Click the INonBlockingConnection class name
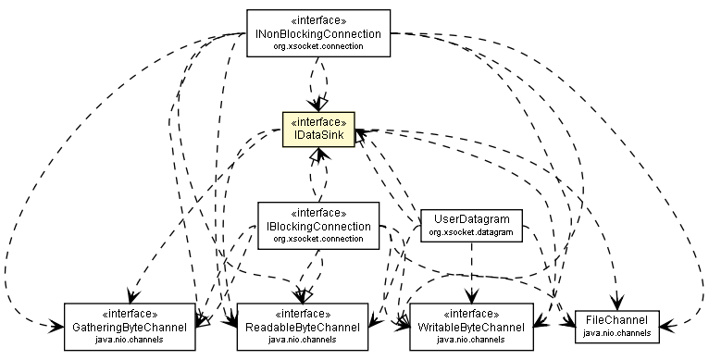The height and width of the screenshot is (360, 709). click(x=318, y=33)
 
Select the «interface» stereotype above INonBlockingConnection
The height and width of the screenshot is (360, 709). click(x=318, y=19)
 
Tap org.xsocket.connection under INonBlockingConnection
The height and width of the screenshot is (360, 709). click(x=318, y=46)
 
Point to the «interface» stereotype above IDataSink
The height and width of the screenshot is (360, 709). click(x=318, y=121)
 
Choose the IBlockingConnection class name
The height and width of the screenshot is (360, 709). click(x=318, y=226)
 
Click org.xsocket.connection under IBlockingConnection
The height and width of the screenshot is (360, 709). click(x=318, y=239)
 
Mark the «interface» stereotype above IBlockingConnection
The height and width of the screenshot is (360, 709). click(x=318, y=212)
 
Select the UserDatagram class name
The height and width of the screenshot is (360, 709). click(x=471, y=219)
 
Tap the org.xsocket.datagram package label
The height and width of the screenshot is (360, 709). click(x=471, y=232)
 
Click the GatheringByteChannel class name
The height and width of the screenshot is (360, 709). click(x=130, y=328)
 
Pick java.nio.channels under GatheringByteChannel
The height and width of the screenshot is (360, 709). click(x=130, y=341)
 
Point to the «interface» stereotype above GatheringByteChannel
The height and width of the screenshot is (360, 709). click(x=130, y=314)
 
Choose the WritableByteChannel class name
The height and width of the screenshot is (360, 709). click(x=471, y=328)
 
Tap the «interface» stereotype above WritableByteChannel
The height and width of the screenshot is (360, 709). click(x=471, y=314)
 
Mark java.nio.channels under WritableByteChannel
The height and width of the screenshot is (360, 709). click(x=471, y=341)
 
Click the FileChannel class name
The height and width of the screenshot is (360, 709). click(x=616, y=320)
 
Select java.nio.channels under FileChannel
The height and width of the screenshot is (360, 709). click(x=616, y=333)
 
